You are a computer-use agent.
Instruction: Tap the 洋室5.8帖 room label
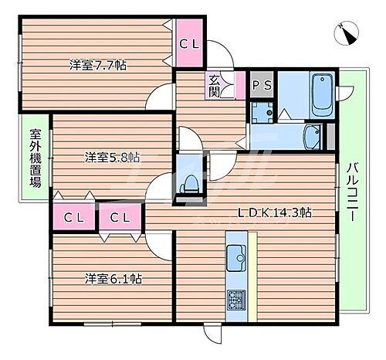click(112, 158)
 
